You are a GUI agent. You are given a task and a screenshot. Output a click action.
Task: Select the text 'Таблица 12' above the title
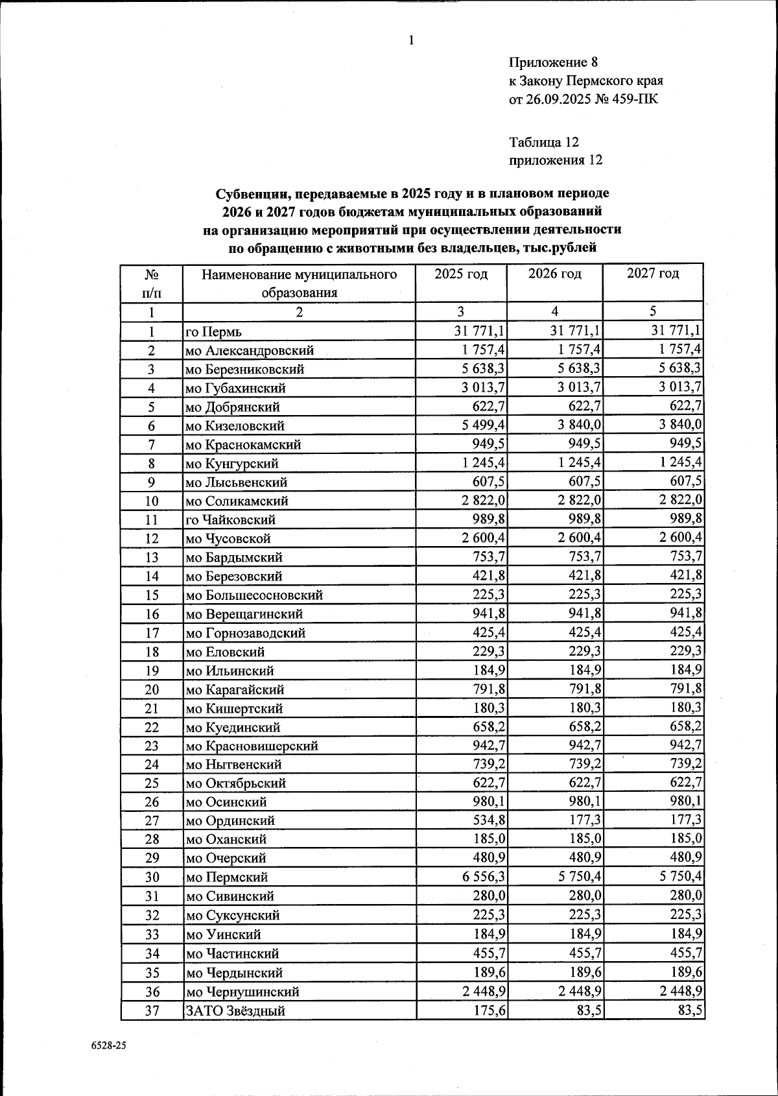click(x=544, y=142)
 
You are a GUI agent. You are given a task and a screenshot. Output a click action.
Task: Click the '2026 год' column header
click(x=554, y=274)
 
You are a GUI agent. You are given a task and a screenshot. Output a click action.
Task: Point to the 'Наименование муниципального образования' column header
click(x=299, y=283)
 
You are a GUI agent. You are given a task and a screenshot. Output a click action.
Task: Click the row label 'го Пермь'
click(x=214, y=332)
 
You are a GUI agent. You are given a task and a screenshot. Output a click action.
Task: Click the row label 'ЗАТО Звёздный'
click(x=235, y=1010)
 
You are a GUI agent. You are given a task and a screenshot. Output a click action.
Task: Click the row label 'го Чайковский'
click(x=231, y=519)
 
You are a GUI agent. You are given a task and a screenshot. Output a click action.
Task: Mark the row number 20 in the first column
click(x=152, y=689)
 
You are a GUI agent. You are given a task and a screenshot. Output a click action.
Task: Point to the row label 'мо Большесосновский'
click(x=254, y=595)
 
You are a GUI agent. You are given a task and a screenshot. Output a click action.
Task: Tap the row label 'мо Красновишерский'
click(x=252, y=746)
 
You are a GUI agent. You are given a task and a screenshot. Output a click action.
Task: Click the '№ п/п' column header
click(x=152, y=283)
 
